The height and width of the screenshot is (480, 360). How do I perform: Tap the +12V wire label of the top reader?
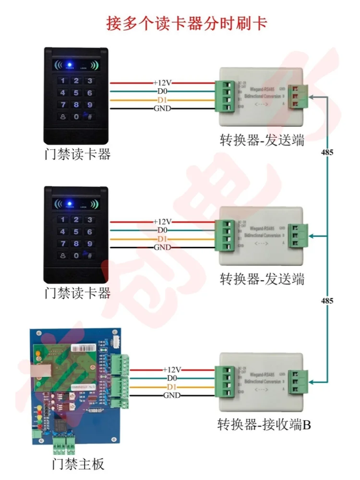pos(162,83)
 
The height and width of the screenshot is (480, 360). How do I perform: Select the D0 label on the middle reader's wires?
pos(162,230)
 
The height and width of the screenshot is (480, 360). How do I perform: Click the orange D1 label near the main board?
pos(171,387)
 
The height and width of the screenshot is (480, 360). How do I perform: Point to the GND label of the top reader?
pos(162,108)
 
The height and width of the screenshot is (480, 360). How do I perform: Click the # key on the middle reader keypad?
pos(89,256)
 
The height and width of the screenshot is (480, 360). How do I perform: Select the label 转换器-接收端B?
pos(263,424)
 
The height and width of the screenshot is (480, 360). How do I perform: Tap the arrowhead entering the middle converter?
pos(312,236)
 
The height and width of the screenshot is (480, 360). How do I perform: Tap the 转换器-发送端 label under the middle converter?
pos(262,279)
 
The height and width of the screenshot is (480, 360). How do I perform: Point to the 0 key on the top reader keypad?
pos(76,117)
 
